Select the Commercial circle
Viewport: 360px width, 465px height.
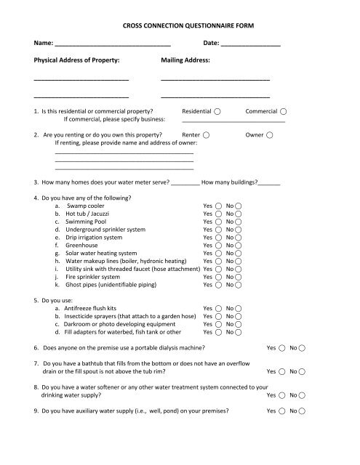pos(283,112)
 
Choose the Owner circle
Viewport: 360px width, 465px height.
pos(270,135)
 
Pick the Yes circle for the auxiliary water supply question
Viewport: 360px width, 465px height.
pos(282,411)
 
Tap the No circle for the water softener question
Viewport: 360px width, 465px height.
pos(303,396)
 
